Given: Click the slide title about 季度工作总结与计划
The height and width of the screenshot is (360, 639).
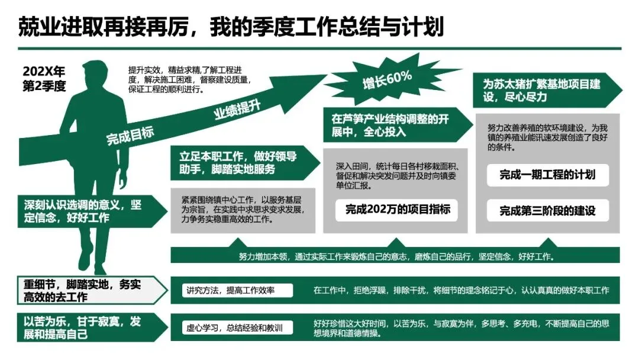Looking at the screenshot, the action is (x=231, y=27).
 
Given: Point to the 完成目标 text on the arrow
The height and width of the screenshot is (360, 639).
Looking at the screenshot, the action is (x=130, y=136).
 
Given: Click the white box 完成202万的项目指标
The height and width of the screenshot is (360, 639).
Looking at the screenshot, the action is (x=398, y=209).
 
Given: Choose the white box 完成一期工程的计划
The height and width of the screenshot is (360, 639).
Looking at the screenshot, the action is (x=547, y=174).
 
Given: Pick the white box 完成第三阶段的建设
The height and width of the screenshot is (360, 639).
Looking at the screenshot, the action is (x=547, y=210).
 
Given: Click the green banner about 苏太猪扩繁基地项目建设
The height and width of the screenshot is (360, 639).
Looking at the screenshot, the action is (x=541, y=91).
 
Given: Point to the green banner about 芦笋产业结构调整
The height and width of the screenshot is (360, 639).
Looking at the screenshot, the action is (x=390, y=126).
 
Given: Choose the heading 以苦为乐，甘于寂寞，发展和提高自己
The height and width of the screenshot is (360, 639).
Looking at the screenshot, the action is (x=83, y=327).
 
